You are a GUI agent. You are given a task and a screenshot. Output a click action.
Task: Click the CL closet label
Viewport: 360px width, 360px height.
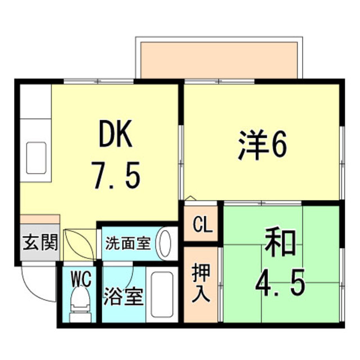click(202, 226)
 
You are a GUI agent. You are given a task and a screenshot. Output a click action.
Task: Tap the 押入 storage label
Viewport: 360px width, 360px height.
click(201, 282)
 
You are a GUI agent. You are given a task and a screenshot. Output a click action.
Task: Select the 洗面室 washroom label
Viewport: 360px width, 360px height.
click(128, 244)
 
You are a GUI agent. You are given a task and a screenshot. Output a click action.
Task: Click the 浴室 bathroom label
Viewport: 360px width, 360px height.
click(123, 296)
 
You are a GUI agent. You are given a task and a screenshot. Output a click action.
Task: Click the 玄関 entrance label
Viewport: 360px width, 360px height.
click(40, 243)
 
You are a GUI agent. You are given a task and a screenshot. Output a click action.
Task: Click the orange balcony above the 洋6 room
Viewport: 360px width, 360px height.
click(219, 59)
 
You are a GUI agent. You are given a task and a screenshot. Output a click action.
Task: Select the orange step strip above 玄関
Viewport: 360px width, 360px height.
click(40, 219)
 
